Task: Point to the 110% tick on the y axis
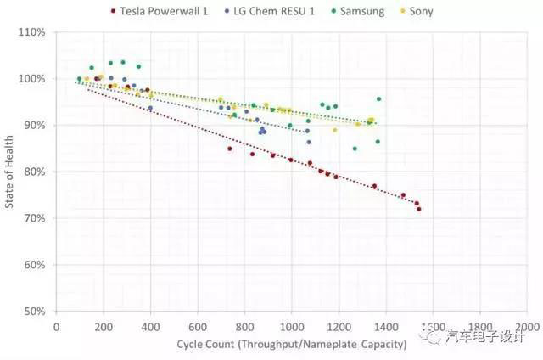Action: pos(36,32)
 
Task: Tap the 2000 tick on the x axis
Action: pos(527,326)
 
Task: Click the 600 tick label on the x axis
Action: pos(198,326)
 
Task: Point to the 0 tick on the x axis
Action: pos(57,326)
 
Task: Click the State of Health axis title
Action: pos(10,171)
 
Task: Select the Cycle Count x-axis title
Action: pos(292,344)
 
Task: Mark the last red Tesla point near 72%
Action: pos(419,209)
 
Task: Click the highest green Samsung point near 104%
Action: pos(123,62)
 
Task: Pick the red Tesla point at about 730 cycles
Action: pos(229,149)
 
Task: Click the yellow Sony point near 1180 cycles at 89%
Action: pos(334,130)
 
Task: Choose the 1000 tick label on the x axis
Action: pos(292,326)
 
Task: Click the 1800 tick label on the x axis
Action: pos(480,326)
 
